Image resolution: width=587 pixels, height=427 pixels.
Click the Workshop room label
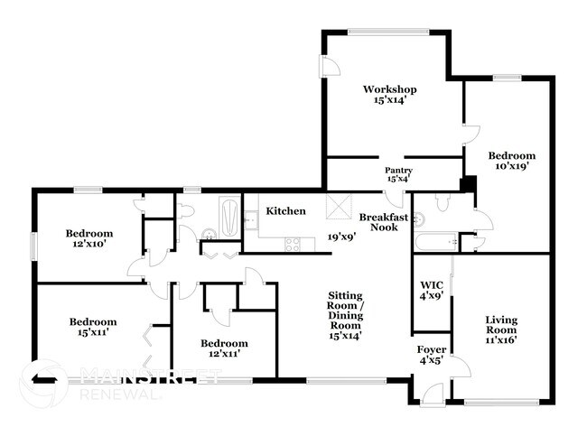(389, 89)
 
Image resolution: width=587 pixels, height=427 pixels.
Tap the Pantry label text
(398, 170)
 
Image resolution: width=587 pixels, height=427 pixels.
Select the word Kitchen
(285, 211)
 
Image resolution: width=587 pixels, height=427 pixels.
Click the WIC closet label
(430, 289)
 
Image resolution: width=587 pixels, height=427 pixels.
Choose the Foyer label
(431, 349)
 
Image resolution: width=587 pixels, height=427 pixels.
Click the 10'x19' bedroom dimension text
(511, 166)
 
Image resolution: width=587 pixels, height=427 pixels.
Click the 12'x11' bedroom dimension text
(224, 355)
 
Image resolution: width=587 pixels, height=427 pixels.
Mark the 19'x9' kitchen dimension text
(343, 237)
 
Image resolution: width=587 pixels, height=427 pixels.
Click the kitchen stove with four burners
(294, 242)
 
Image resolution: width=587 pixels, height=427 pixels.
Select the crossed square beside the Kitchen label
(338, 207)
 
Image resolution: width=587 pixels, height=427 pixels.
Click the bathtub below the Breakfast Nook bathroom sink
(434, 242)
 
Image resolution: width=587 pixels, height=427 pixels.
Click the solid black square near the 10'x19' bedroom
(467, 185)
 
